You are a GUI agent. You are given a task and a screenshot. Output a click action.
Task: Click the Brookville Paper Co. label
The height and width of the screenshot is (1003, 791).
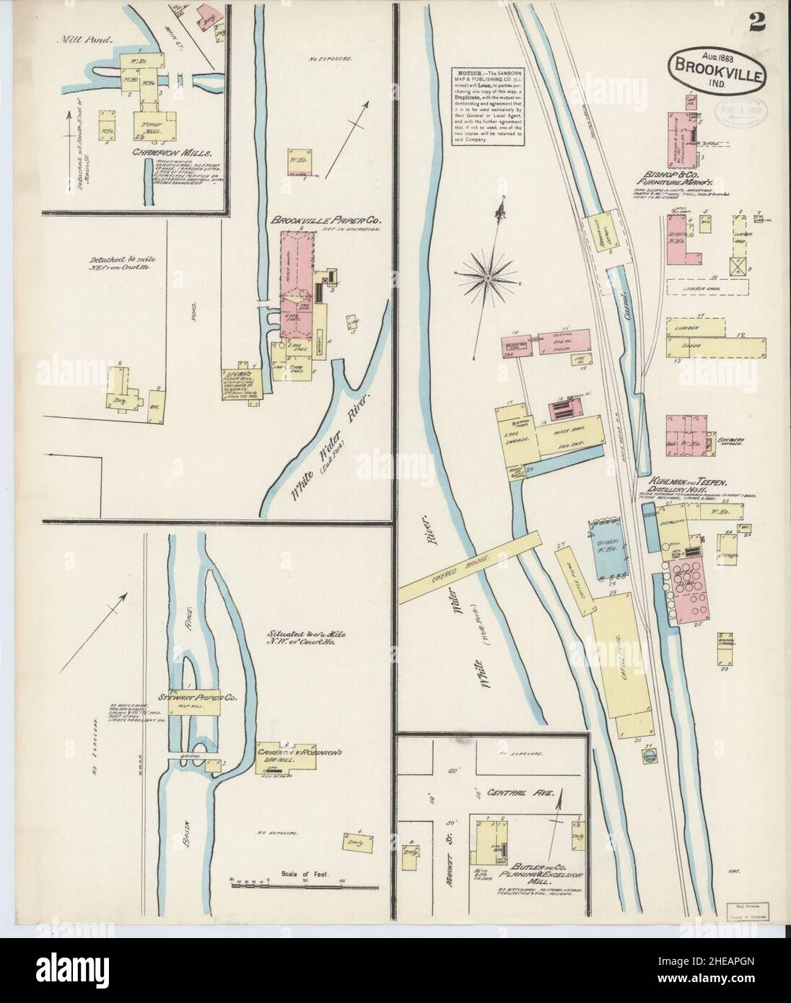tap(326, 219)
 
